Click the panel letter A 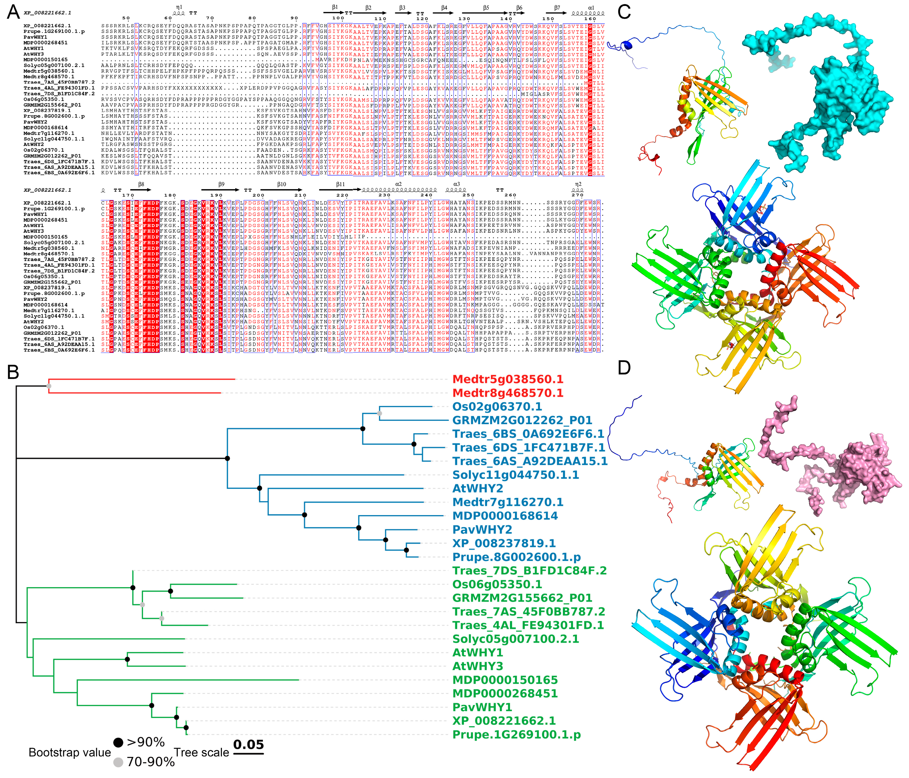point(14,11)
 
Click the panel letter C point(624,11)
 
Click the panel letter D point(624,368)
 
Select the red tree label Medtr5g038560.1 point(508,379)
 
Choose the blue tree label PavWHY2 point(482,530)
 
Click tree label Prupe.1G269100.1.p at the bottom point(516,735)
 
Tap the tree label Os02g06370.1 point(497,406)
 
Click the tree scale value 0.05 point(248,745)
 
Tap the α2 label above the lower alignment point(398,184)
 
